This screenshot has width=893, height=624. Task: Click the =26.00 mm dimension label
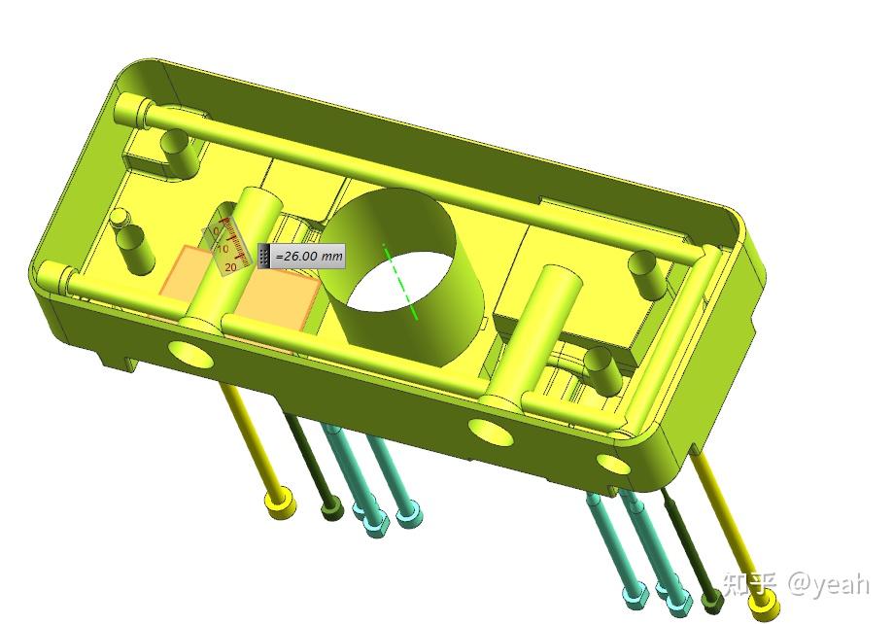(308, 257)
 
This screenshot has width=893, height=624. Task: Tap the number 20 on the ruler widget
(230, 266)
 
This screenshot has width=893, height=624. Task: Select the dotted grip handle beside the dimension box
(263, 257)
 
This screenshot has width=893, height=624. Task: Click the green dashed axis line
(400, 282)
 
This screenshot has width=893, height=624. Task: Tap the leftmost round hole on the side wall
(190, 354)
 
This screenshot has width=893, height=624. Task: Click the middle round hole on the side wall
(491, 431)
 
